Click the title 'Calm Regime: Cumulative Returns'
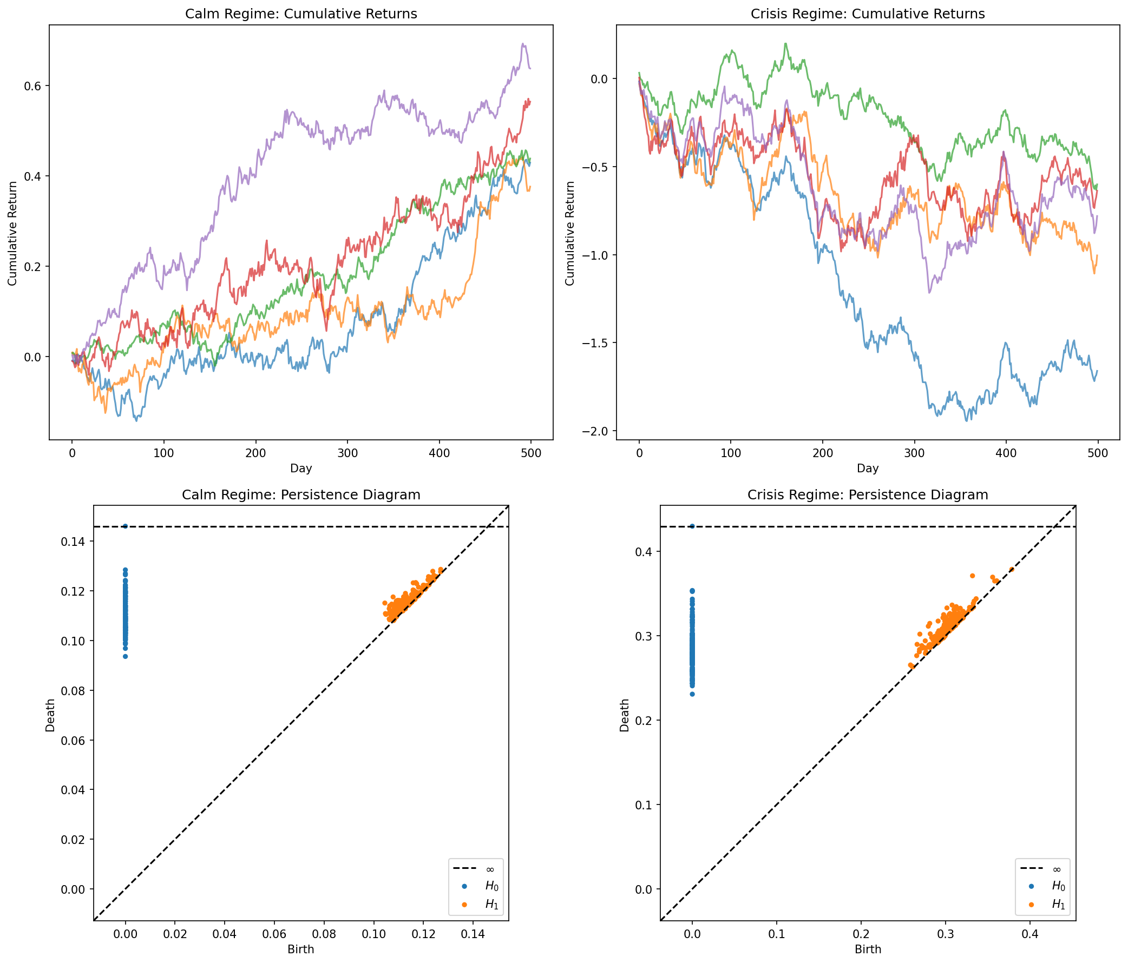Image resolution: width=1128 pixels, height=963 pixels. (301, 14)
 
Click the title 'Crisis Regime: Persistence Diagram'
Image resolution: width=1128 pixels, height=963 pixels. (868, 494)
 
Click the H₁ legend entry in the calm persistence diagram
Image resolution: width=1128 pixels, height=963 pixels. (491, 904)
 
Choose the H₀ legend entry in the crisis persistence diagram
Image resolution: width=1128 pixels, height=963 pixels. (1058, 886)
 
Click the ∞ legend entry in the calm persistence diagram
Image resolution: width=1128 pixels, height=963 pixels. (489, 869)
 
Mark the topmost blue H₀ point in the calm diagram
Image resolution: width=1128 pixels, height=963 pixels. (125, 526)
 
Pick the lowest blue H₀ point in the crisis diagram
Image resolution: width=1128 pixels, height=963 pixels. (692, 694)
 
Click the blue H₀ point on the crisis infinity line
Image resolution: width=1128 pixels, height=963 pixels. (692, 526)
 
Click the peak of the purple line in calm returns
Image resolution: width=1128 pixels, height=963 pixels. (523, 44)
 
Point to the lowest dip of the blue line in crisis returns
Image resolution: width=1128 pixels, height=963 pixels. (967, 420)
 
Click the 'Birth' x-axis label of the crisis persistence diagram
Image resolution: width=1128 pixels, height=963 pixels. (868, 949)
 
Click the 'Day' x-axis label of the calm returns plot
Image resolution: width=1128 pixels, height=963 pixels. (301, 468)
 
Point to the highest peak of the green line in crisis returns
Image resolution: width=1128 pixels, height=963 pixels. (785, 43)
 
